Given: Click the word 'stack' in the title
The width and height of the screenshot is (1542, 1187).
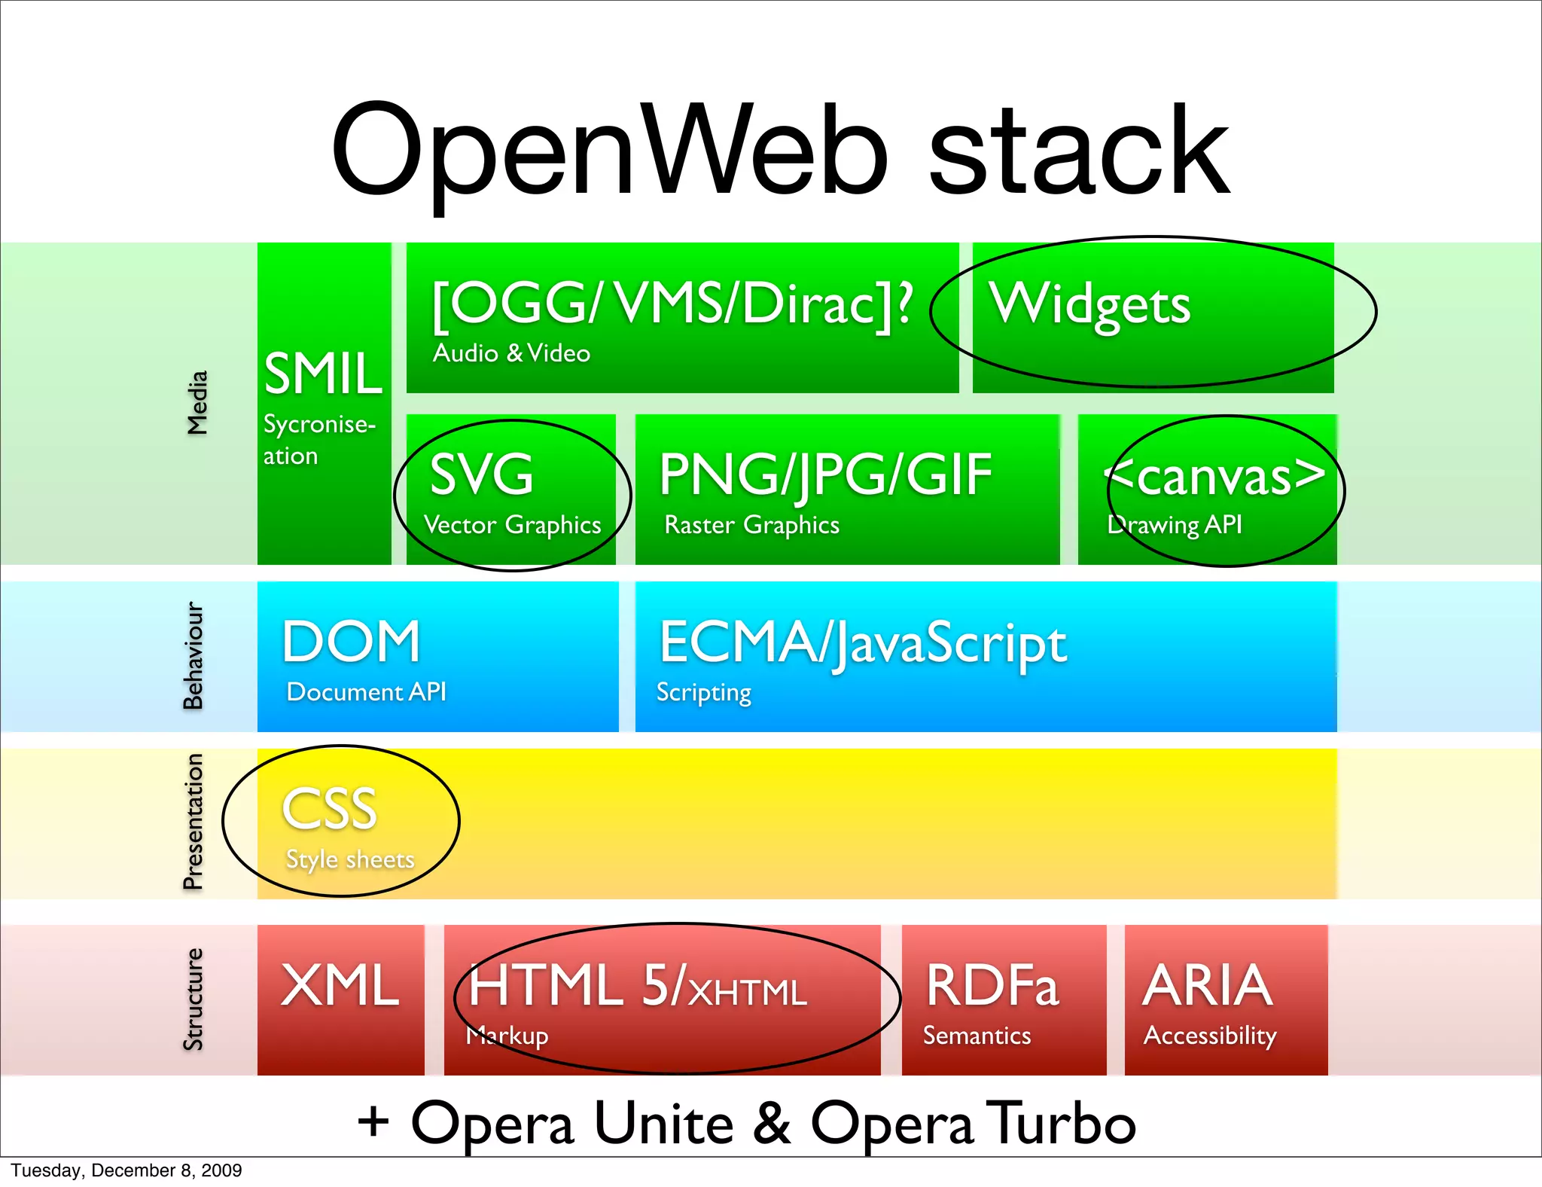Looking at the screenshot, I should click(x=1080, y=151).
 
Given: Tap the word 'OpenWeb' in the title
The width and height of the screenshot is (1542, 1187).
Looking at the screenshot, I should click(x=610, y=151).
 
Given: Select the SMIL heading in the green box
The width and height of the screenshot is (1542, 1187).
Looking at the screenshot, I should click(x=324, y=374).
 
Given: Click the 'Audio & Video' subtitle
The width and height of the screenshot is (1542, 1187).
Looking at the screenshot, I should click(x=511, y=353).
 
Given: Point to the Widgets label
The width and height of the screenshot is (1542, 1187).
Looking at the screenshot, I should click(x=1089, y=305).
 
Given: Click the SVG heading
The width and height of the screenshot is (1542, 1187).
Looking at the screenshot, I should click(x=482, y=474).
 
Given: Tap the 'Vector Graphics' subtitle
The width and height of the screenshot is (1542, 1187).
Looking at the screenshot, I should click(x=512, y=525).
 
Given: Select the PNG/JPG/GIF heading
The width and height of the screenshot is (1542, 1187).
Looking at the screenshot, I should click(x=825, y=475).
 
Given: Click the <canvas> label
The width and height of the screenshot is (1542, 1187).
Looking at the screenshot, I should click(x=1214, y=477).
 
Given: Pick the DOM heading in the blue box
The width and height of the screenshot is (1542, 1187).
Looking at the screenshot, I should click(x=351, y=642).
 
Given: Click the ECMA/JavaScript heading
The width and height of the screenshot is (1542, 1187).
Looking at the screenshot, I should click(x=863, y=644).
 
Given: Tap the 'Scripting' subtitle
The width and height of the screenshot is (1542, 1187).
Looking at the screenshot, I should click(x=704, y=693).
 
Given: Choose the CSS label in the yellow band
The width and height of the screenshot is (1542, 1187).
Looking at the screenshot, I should click(x=329, y=809).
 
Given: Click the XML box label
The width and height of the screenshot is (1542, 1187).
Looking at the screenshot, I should click(x=340, y=985).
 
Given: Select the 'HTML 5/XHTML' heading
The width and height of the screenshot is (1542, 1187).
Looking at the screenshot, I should click(x=637, y=987).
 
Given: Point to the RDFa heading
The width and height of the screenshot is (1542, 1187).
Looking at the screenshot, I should click(x=992, y=985).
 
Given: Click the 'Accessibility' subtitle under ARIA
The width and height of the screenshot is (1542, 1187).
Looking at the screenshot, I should click(x=1210, y=1036).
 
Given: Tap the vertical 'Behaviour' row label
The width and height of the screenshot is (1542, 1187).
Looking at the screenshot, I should click(x=194, y=655).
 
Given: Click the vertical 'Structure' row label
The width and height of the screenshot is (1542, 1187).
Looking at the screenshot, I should click(x=194, y=999).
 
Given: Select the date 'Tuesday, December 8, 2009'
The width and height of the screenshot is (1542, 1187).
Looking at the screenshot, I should click(x=126, y=1170).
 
